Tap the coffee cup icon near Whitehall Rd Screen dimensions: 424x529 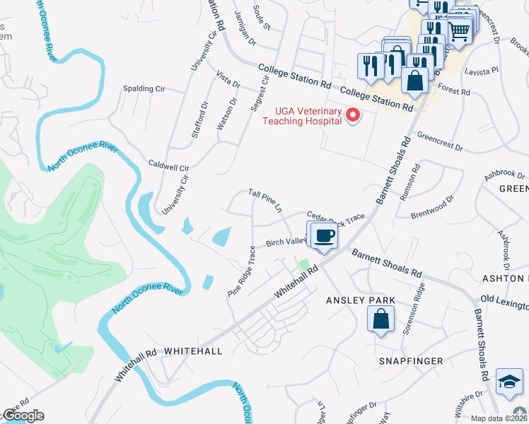pyautogui.click(x=325, y=235)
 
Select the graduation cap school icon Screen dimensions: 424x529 pyautogui.click(x=509, y=382)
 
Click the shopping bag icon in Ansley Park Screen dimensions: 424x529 pyautogui.click(x=380, y=319)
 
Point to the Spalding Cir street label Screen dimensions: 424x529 pyautogui.click(x=144, y=89)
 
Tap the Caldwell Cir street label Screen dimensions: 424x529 pyautogui.click(x=169, y=164)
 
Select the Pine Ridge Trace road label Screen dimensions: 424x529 pyautogui.click(x=241, y=271)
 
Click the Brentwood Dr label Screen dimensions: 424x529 pyautogui.click(x=432, y=206)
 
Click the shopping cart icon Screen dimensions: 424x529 pyautogui.click(x=460, y=30)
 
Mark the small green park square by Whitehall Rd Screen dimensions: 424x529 pyautogui.click(x=305, y=266)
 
